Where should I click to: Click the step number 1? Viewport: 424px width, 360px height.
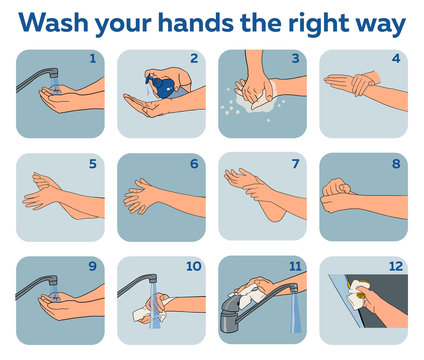point(93,59)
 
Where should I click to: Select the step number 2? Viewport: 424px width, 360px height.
point(194,59)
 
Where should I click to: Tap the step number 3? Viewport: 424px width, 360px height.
point(295,59)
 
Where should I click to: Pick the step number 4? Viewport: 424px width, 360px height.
point(396,59)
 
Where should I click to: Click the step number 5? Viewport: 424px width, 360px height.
point(93,162)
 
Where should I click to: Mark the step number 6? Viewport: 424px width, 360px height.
point(194,162)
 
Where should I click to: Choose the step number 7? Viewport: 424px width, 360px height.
point(295,162)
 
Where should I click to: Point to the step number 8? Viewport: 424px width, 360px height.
point(396,162)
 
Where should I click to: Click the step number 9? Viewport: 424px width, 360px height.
point(93,266)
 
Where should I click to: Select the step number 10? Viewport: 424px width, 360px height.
point(192,266)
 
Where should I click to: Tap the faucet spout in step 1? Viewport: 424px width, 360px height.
point(40,75)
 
